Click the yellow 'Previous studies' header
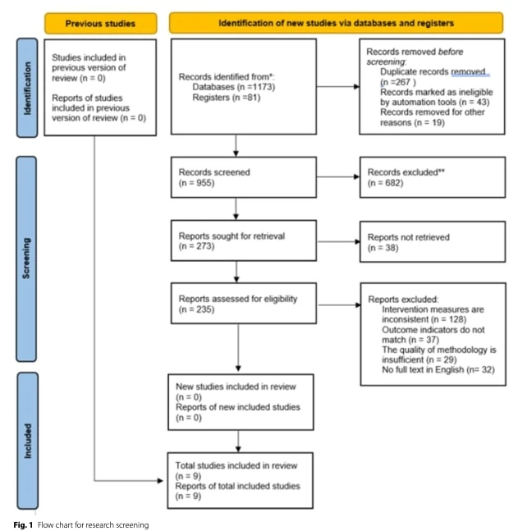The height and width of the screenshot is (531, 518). click(101, 23)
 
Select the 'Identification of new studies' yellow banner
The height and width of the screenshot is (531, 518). click(336, 23)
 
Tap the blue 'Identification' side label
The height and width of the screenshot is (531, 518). click(27, 88)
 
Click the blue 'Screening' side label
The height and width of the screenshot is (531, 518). click(26, 259)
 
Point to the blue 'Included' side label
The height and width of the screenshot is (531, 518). click(27, 441)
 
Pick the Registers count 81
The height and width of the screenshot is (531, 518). click(254, 98)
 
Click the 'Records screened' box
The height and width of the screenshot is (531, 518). click(244, 177)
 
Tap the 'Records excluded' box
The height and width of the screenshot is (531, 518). click(433, 177)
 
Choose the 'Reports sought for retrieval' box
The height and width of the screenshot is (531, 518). click(244, 240)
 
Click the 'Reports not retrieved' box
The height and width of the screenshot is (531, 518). click(433, 242)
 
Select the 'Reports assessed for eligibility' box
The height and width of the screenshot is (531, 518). click(244, 304)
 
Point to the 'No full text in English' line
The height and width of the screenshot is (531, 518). click(438, 369)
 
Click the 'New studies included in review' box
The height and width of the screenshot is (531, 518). click(241, 402)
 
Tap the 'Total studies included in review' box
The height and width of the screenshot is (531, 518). click(241, 481)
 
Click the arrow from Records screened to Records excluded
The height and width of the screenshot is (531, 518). click(338, 176)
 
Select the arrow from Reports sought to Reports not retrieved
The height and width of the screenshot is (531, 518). click(338, 242)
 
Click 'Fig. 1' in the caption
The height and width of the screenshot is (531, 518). click(23, 525)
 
